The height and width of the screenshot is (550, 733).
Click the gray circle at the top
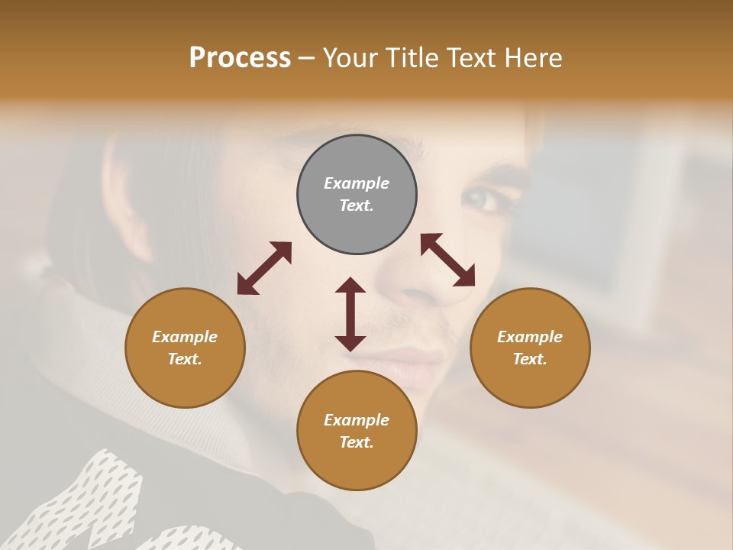coord(357,195)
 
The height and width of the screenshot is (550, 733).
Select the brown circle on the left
coord(185,348)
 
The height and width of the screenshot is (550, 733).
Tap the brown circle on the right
coord(530,348)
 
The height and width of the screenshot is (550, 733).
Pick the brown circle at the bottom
coord(357,431)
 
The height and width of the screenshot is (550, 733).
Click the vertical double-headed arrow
coord(350,314)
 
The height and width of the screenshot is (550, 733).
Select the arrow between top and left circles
coord(264,268)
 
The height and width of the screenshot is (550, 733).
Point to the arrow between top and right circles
coord(447,260)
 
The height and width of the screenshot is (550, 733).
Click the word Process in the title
coord(240,58)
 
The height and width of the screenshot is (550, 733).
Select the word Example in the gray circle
coord(357,183)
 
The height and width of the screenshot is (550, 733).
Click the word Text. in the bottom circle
coord(357,442)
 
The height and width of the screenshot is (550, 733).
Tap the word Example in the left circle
coord(185,337)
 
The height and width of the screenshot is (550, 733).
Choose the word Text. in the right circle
coord(530,359)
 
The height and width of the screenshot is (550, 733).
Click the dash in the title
coord(307,58)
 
